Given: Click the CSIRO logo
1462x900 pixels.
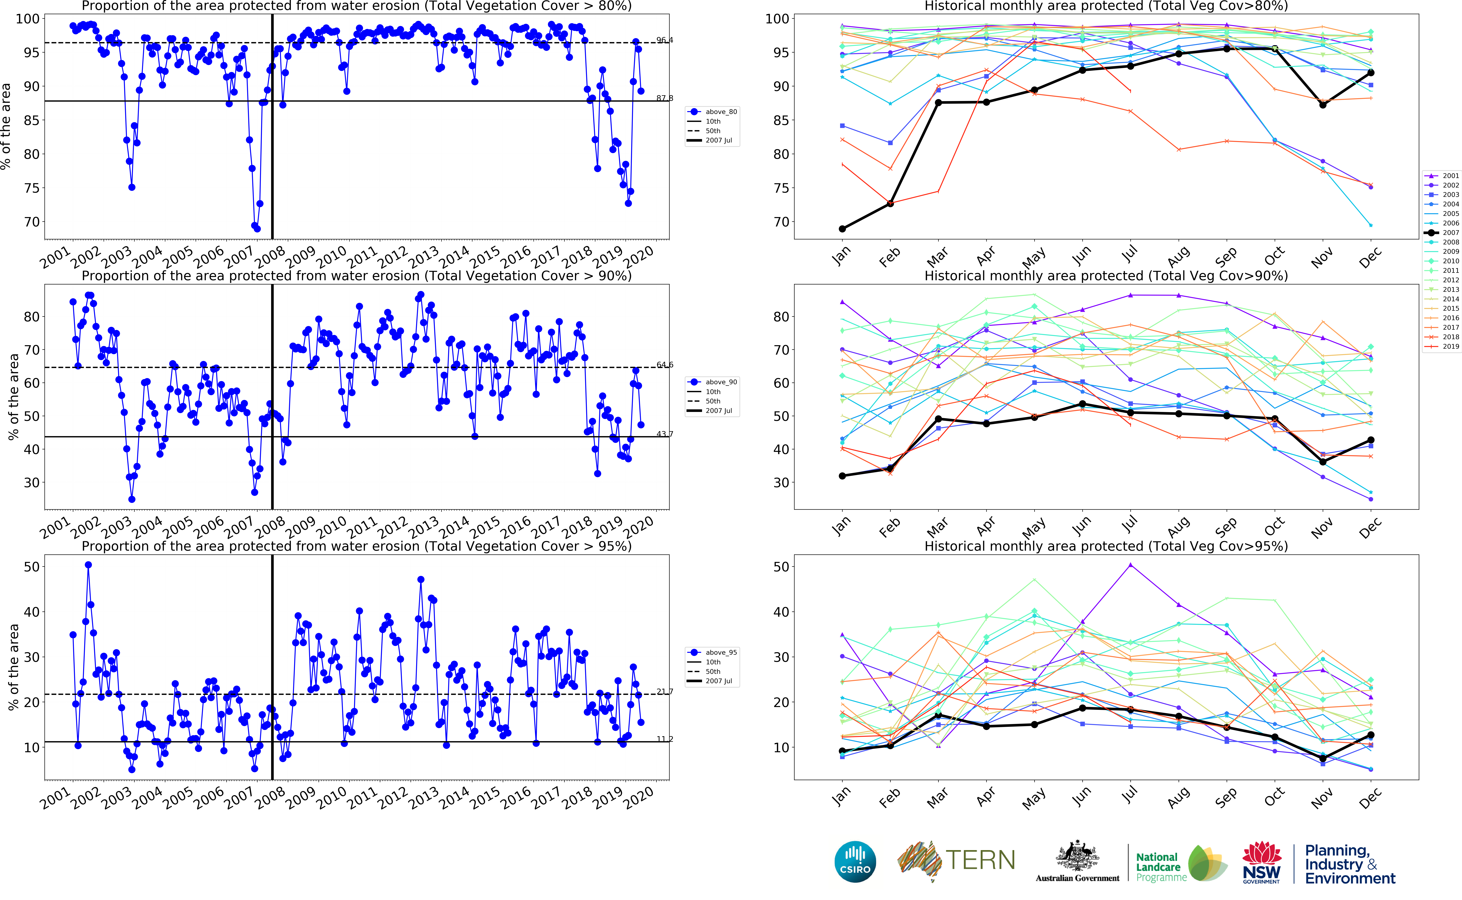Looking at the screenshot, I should (x=855, y=861).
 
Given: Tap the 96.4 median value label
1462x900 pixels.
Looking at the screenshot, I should (x=665, y=40).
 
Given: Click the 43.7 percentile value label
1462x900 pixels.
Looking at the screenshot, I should (x=665, y=434).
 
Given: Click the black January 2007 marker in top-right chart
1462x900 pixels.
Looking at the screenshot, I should (x=842, y=229).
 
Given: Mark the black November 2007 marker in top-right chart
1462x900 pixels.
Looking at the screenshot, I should (x=1323, y=105).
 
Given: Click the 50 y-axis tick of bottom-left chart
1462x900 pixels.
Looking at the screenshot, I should (x=32, y=567).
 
